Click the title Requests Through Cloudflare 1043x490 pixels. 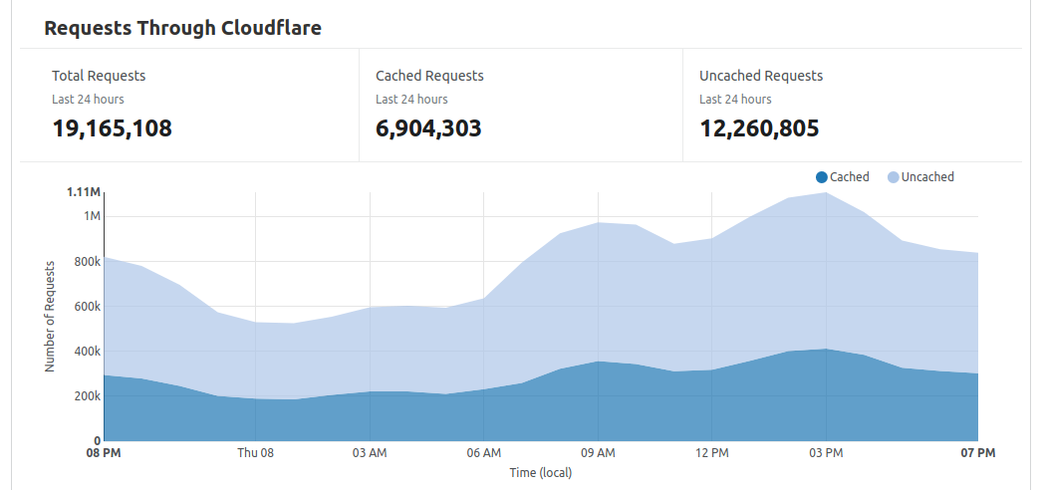[182, 28]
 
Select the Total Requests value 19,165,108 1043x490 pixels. [112, 128]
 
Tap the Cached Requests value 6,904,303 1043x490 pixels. [428, 128]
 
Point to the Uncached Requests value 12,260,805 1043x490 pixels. [759, 128]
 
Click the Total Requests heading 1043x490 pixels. [99, 76]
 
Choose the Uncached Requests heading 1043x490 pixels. [761, 76]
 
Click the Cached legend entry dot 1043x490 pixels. [821, 177]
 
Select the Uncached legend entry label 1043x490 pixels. [927, 177]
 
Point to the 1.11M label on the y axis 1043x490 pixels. [84, 191]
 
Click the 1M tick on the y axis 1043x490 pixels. [92, 216]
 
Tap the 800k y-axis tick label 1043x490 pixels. [88, 262]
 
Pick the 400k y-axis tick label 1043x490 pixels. [88, 352]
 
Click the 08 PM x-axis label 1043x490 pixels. [104, 454]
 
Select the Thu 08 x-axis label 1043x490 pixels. [255, 454]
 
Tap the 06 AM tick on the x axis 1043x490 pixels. [483, 454]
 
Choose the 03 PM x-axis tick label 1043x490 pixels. [826, 454]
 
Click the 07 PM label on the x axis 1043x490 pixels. [978, 454]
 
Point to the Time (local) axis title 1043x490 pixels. [541, 473]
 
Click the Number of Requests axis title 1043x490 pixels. [50, 316]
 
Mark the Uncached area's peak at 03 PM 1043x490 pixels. [826, 193]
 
